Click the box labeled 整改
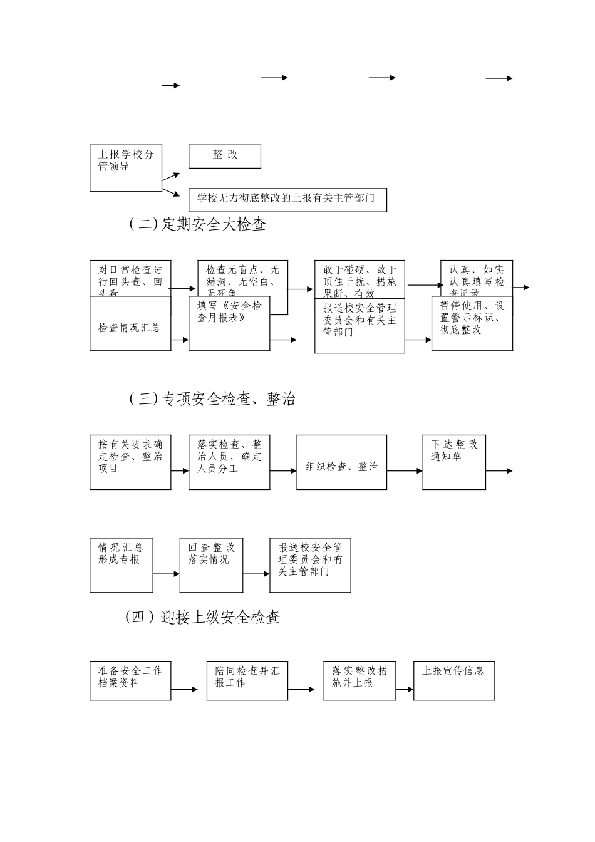pos(224,156)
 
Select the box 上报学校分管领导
pos(126,169)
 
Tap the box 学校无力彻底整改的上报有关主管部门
pos(287,199)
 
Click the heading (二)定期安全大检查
pos(197,224)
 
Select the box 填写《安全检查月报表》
pos(229,323)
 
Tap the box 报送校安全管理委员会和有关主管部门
pos(360,326)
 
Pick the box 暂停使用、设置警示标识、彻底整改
pos(472,323)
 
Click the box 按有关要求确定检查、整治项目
pos(130,462)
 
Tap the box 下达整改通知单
pos(454,462)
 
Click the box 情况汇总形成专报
pos(122,564)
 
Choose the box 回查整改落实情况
pos(211,564)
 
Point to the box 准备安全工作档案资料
pos(130,680)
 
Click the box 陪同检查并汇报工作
pos(247,680)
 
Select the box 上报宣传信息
pos(454,680)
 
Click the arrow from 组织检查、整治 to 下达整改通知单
pos(405,470)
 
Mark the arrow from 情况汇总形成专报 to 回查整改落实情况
pos(166,573)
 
